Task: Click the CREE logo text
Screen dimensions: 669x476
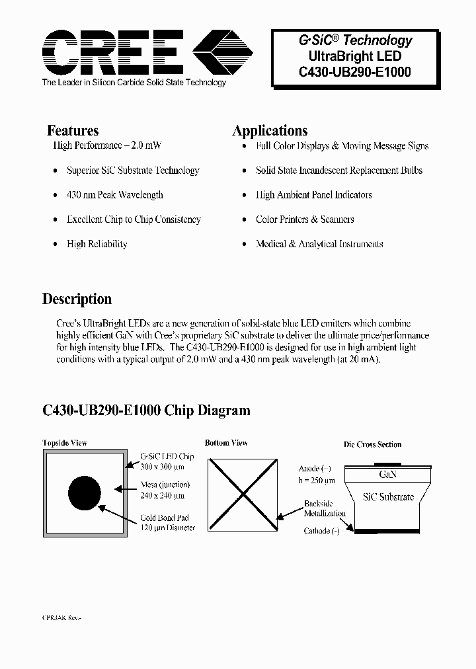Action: point(112,52)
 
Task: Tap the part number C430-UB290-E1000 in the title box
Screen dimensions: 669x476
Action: point(356,72)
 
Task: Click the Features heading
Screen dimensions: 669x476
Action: point(73,131)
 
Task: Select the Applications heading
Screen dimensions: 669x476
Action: point(270,131)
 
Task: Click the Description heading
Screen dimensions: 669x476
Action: point(77,299)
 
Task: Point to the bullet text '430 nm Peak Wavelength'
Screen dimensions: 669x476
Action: point(114,195)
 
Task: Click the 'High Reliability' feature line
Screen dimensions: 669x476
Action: point(97,244)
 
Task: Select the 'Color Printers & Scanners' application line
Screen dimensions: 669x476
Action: point(305,219)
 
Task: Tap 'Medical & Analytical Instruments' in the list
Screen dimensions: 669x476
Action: point(319,244)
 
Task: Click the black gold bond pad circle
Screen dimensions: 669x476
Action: point(85,493)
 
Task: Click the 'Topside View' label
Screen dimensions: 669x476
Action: point(65,443)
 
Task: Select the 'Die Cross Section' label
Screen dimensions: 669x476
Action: point(373,444)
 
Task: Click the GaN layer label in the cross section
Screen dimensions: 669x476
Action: point(388,475)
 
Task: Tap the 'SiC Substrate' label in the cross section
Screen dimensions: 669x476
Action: point(389,497)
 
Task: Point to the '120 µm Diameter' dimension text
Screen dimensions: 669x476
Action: point(167,528)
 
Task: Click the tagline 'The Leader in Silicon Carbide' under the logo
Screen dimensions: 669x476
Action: point(134,83)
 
